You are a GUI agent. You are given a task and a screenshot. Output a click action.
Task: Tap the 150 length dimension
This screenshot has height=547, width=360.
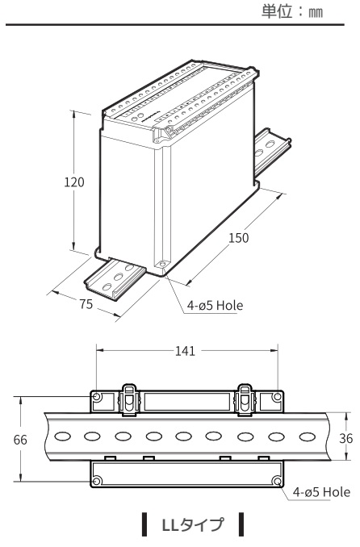pyautogui.click(x=237, y=238)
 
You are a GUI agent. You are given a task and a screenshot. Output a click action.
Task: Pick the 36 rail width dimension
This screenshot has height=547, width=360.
pyautogui.click(x=345, y=437)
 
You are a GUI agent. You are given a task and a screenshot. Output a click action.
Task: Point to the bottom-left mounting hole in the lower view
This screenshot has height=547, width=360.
pyautogui.click(x=97, y=482)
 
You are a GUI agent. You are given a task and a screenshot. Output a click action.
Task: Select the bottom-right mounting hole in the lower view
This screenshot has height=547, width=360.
pyautogui.click(x=277, y=482)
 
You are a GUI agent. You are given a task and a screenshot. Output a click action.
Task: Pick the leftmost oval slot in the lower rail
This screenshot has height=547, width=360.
pyautogui.click(x=61, y=438)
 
